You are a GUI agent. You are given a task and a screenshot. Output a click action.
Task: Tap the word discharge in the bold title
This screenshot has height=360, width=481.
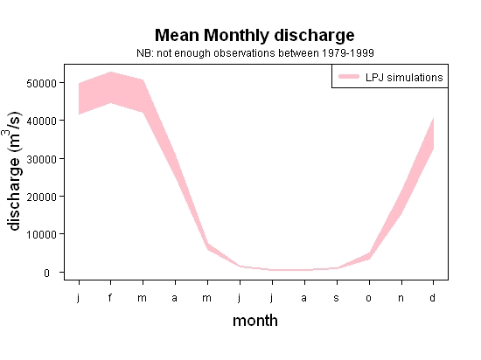coord(314,37)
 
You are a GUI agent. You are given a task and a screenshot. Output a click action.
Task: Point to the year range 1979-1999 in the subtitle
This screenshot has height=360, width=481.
coord(348,53)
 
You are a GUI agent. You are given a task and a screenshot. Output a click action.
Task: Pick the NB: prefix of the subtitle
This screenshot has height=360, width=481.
coord(145,53)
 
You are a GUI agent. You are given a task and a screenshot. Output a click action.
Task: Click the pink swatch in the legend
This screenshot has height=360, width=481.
coord(349,77)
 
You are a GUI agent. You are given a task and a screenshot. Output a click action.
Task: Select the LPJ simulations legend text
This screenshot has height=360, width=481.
coord(404,77)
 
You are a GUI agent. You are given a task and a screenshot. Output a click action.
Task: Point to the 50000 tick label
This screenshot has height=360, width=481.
coord(41,83)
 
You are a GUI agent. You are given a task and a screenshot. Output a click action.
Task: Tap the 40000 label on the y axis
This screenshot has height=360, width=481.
coord(41,121)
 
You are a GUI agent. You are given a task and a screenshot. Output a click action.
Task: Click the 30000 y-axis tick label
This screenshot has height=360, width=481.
coord(41,159)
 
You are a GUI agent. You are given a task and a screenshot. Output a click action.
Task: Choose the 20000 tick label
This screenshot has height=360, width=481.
coord(41,197)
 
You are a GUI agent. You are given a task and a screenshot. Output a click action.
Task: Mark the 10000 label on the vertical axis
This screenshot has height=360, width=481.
coord(41,235)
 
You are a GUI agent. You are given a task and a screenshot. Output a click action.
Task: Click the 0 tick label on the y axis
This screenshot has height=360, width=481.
coord(46,273)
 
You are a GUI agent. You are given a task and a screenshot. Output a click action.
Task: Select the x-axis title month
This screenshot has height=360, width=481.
coord(255,321)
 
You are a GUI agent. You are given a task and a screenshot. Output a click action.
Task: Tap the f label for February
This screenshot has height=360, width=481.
coord(110,297)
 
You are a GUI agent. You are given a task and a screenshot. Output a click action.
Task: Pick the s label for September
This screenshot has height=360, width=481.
coord(337,298)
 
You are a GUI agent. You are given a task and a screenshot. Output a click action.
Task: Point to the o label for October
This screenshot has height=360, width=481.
coord(369,298)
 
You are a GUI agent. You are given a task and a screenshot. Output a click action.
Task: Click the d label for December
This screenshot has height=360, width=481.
coord(432,297)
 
